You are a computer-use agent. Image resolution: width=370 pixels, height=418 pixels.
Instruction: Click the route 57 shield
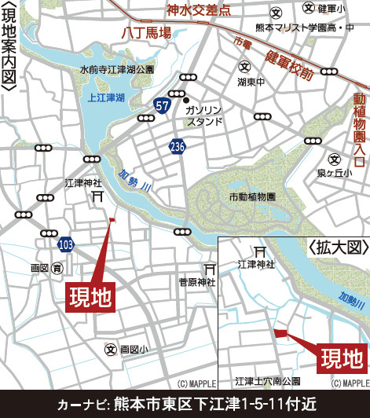tap(162, 105)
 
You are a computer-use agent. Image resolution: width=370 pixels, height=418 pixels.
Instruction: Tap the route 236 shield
tap(177, 146)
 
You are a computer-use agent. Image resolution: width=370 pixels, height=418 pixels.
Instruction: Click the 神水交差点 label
tap(199, 10)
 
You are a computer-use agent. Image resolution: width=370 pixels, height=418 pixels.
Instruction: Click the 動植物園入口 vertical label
tap(359, 130)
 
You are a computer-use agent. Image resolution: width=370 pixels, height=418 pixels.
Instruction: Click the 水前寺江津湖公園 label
tap(117, 70)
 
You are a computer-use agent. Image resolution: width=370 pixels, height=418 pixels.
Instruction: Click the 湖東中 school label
tap(251, 80)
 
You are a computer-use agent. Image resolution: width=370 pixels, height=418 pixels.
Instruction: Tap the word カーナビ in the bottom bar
tap(82, 404)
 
